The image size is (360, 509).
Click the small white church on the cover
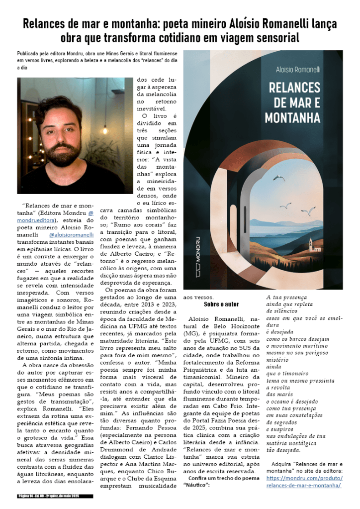311,245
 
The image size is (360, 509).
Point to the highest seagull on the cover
279,178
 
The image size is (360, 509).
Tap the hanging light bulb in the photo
105,120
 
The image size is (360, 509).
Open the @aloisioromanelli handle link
72,233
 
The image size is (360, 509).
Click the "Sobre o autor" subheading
221,304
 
